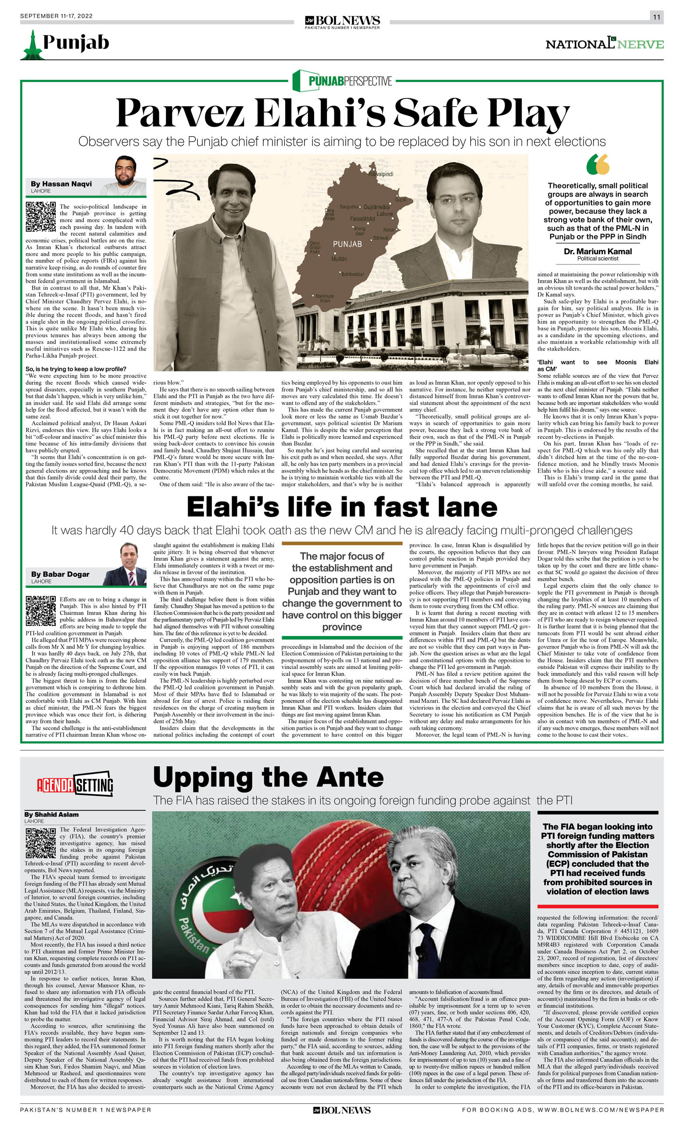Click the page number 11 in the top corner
(656, 17)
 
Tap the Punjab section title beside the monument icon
(75, 43)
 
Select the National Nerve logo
(604, 44)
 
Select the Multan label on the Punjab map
(339, 259)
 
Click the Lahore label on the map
(385, 213)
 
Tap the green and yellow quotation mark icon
(598, 164)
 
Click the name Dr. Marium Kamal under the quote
(598, 251)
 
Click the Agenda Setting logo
(75, 784)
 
